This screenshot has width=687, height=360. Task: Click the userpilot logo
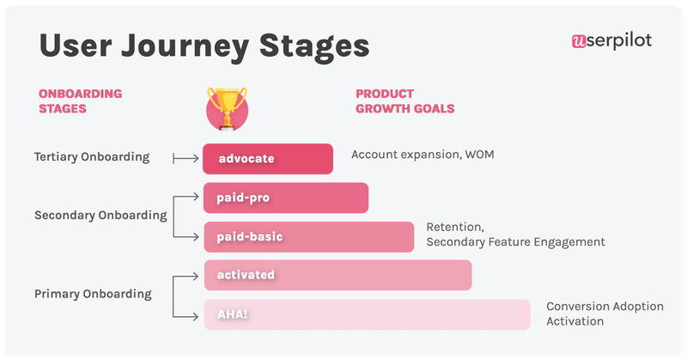click(611, 41)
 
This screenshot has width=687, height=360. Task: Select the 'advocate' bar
click(268, 159)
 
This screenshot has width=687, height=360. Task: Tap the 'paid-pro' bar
click(286, 198)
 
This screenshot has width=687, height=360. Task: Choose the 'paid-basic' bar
click(308, 236)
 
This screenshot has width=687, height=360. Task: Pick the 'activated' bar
click(337, 275)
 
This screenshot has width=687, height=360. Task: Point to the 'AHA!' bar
click(367, 314)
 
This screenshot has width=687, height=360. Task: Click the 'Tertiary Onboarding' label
click(92, 157)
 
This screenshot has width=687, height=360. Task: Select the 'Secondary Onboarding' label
click(100, 216)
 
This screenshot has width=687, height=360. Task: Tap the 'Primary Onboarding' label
click(93, 294)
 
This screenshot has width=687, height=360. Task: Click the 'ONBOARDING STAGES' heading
click(81, 101)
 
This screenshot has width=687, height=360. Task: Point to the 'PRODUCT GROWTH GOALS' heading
click(404, 101)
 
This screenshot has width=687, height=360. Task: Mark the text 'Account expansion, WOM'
click(423, 155)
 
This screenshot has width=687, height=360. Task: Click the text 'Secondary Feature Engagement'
click(515, 242)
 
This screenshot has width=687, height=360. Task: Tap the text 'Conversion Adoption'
click(605, 307)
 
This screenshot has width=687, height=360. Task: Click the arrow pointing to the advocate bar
click(185, 158)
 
